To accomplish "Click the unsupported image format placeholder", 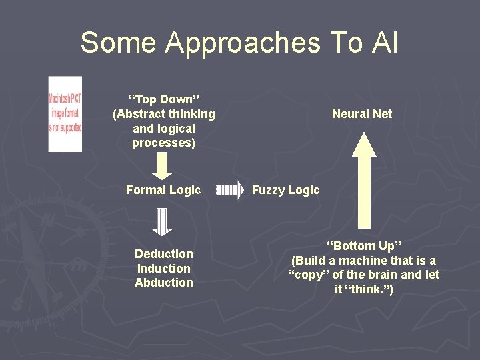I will (x=65, y=113).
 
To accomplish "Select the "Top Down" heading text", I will (x=164, y=99).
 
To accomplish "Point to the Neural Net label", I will (x=362, y=114).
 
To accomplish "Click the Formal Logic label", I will (x=163, y=190).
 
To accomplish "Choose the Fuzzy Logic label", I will (x=285, y=190).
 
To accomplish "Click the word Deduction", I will (x=164, y=254).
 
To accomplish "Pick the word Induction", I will (x=164, y=269).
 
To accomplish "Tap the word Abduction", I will (x=164, y=283).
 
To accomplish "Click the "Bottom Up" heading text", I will (x=364, y=246).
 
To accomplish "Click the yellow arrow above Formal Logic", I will (x=163, y=165).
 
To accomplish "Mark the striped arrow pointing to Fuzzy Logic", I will (x=231, y=190).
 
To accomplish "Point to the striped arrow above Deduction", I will (x=163, y=222).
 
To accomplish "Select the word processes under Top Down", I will (x=164, y=143).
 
